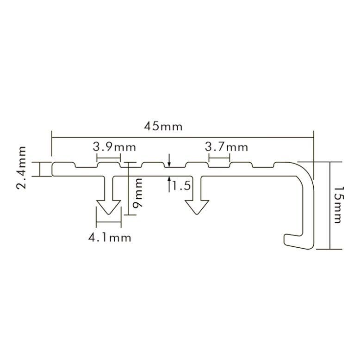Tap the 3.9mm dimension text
point(114,147)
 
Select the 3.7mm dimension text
point(226,147)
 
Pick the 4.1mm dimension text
point(110,238)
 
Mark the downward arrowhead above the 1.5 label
point(169,165)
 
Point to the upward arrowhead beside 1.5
point(169,179)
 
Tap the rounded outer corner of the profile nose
point(308,169)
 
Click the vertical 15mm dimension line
point(329,205)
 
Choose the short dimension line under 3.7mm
point(219,158)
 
